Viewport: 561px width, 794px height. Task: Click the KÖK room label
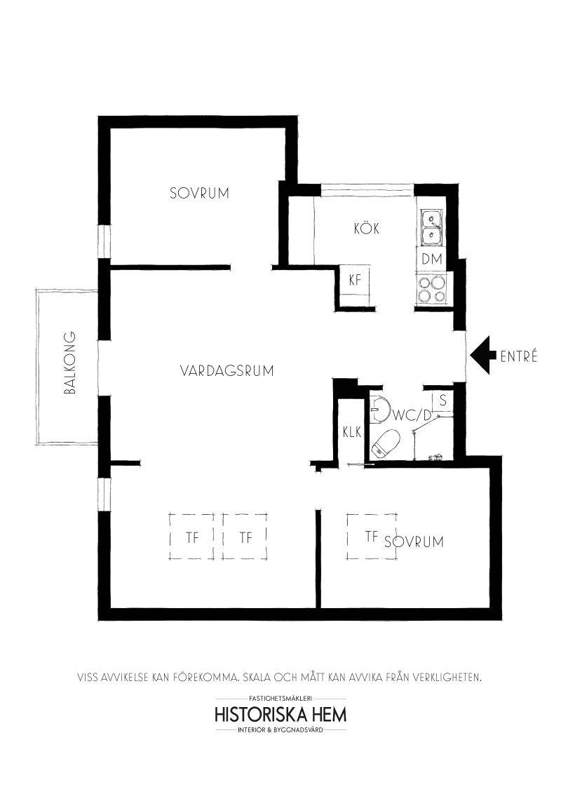pyautogui.click(x=367, y=229)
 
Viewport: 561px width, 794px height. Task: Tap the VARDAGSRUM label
pyautogui.click(x=227, y=370)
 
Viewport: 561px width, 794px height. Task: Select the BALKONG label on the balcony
pyautogui.click(x=70, y=363)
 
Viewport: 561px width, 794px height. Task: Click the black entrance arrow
pyautogui.click(x=483, y=356)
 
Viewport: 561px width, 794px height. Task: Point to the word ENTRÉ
pyautogui.click(x=518, y=356)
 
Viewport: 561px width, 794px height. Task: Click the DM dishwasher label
pyautogui.click(x=432, y=260)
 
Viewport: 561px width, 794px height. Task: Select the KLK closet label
pyautogui.click(x=352, y=433)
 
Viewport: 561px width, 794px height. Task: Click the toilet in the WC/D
pyautogui.click(x=386, y=443)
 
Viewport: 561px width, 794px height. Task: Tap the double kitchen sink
pyautogui.click(x=431, y=227)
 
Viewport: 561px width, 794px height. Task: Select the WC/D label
pyautogui.click(x=412, y=416)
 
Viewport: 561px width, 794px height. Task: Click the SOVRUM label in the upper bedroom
pyautogui.click(x=199, y=193)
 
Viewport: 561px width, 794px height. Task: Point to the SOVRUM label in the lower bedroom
pyautogui.click(x=414, y=541)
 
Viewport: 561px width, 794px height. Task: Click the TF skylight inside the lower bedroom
pyautogui.click(x=372, y=537)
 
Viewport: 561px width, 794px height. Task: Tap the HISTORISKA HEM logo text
pyautogui.click(x=281, y=715)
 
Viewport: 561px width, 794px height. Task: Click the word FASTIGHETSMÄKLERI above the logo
pyautogui.click(x=281, y=699)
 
